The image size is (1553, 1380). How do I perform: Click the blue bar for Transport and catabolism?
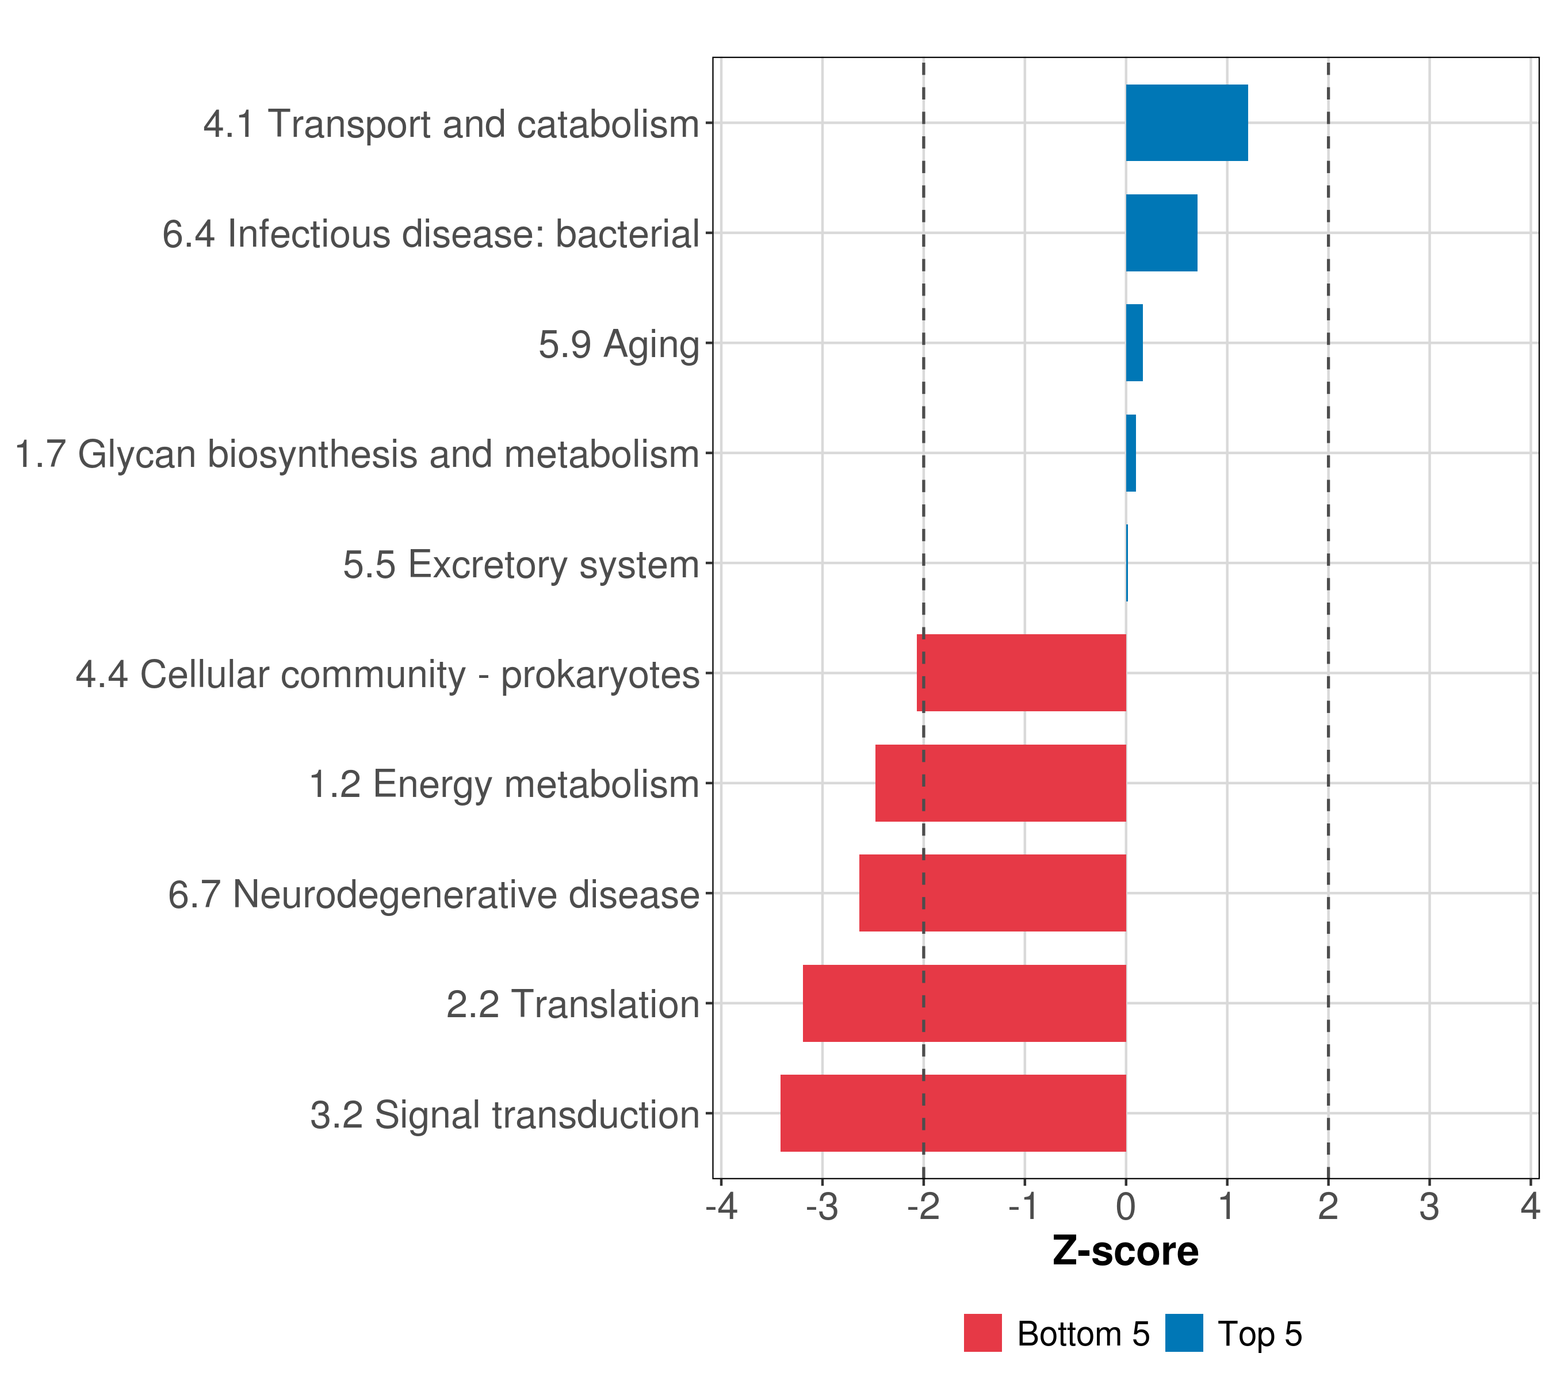coord(1186,122)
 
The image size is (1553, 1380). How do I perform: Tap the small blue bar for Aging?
coord(1134,343)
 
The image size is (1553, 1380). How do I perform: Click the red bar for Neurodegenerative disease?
coord(992,892)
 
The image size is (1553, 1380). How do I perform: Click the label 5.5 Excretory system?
coord(521,564)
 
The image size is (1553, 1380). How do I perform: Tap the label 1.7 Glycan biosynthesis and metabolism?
coord(357,454)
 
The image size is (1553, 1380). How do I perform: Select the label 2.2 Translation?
coord(572,1004)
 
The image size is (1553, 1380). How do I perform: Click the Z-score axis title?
coord(1125,1251)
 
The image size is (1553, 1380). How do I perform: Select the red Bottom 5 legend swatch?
coord(982,1333)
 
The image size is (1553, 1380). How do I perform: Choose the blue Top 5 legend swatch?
coord(1184,1333)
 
